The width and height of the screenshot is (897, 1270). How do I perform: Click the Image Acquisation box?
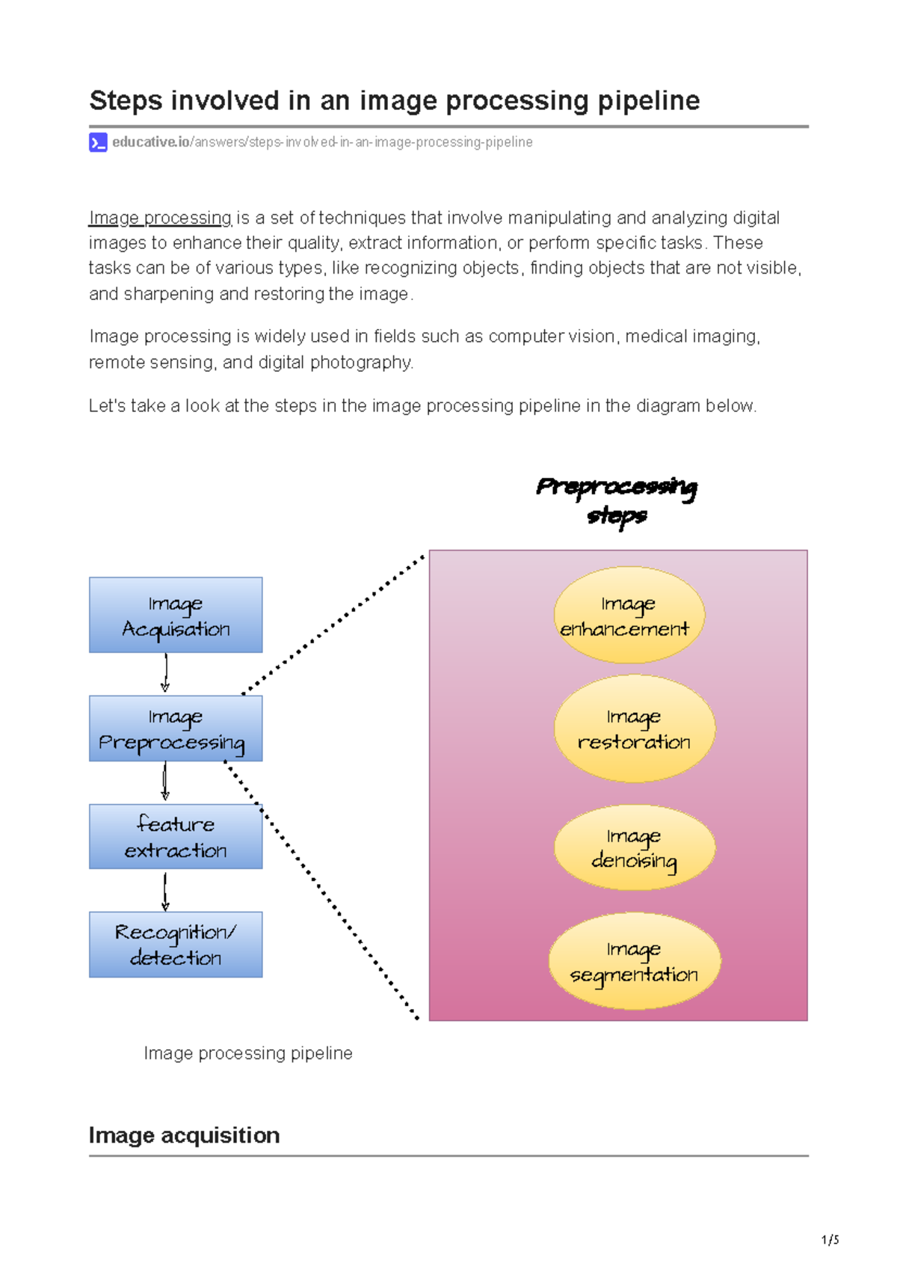click(x=176, y=615)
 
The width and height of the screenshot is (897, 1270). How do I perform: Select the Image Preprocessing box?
click(x=176, y=728)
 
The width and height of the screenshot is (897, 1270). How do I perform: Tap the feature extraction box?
click(x=176, y=836)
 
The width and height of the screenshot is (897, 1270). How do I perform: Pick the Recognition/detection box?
click(x=176, y=944)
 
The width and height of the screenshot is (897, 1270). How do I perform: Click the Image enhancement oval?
click(x=629, y=615)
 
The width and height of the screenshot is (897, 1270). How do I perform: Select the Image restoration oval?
click(x=634, y=728)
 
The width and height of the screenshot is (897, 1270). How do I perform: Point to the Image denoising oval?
click(x=634, y=847)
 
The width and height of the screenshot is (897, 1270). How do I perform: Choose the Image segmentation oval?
click(x=634, y=961)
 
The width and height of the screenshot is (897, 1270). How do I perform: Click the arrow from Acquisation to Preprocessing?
click(x=165, y=673)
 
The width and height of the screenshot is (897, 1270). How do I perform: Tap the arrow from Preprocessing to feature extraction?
click(x=165, y=782)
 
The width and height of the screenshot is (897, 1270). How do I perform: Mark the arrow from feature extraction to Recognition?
click(x=165, y=890)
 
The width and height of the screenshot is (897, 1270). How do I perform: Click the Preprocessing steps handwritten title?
click(x=617, y=500)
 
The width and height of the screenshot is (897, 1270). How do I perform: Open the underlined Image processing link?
click(x=160, y=218)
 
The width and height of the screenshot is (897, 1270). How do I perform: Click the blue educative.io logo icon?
click(x=98, y=142)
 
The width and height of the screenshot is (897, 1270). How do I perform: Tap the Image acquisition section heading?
click(x=184, y=1135)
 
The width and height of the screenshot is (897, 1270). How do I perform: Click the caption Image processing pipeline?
click(x=247, y=1053)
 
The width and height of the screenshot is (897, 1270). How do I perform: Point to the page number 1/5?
click(x=830, y=1239)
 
